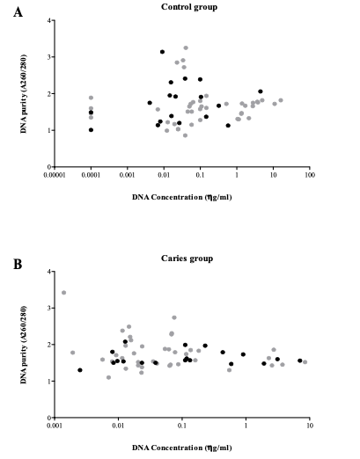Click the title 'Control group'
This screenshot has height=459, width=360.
click(x=189, y=7)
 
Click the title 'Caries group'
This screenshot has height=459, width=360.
click(x=187, y=259)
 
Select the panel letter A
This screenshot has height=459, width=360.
click(x=18, y=12)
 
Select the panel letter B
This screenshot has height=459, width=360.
click(x=18, y=264)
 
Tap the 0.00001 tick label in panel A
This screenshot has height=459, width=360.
click(x=55, y=175)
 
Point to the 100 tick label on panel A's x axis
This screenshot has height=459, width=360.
click(x=310, y=175)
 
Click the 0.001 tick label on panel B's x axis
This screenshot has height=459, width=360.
click(x=55, y=426)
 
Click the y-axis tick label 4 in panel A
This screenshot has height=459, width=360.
click(x=48, y=20)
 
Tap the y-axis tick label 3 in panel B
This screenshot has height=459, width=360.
click(x=48, y=308)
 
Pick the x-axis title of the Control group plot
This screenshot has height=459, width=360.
click(x=182, y=197)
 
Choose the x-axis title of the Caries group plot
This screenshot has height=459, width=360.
click(x=182, y=448)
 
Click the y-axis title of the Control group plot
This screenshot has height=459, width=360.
click(x=24, y=94)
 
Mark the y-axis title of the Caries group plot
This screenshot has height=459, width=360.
click(x=24, y=345)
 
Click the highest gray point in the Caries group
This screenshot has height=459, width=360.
click(x=63, y=293)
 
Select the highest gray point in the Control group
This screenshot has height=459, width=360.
click(x=186, y=47)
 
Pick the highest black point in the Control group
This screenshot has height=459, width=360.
click(x=162, y=52)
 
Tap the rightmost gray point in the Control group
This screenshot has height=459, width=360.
click(x=281, y=100)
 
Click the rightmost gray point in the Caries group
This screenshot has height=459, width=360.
click(x=305, y=362)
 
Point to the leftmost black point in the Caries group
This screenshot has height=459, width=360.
click(x=80, y=370)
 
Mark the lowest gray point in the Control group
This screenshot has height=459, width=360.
click(x=185, y=135)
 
